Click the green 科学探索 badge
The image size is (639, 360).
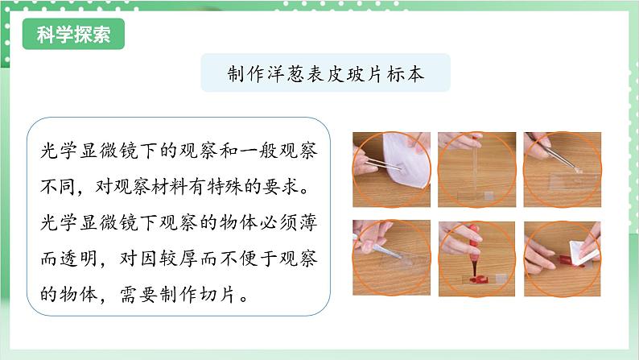pos(73,36)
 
